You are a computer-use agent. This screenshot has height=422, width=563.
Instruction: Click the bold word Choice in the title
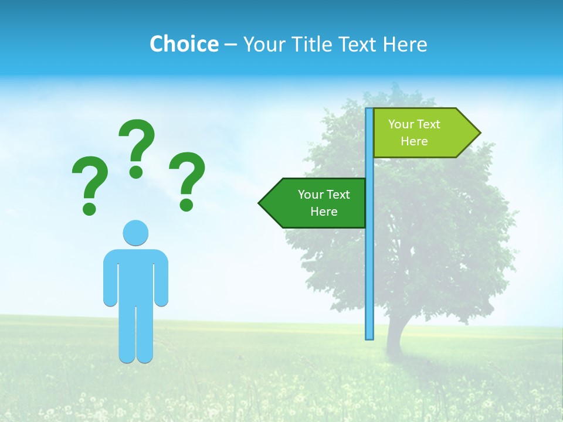point(184,44)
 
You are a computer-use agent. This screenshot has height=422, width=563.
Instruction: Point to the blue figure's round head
point(135,233)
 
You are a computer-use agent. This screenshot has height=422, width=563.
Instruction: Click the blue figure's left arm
point(110,278)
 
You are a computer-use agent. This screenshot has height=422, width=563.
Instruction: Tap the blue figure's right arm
point(161,278)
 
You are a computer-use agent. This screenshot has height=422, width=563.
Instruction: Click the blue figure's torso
point(135,275)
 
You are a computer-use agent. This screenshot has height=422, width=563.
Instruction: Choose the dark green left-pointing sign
point(317,203)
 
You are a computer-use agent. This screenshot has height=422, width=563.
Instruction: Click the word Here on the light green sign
point(414,141)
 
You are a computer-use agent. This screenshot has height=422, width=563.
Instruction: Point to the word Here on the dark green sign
point(324,212)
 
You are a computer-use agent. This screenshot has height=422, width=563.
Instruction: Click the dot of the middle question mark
point(136,172)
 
